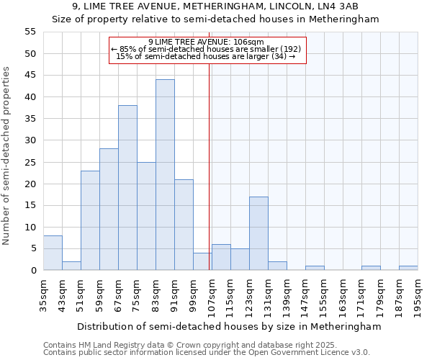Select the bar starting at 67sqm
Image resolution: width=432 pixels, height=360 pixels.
point(127,188)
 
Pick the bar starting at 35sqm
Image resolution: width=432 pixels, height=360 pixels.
point(53,253)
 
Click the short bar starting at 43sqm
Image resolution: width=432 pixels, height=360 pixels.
point(71,266)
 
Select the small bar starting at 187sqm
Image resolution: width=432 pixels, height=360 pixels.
point(408,268)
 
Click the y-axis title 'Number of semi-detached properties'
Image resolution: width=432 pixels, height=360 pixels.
point(7,156)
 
